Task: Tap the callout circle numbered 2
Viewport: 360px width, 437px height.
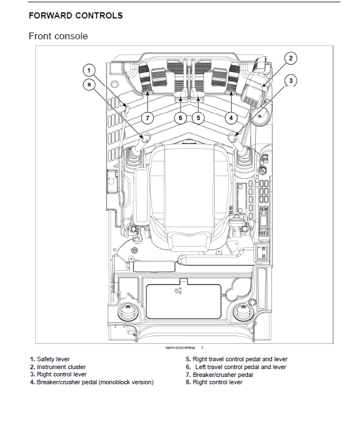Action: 290,58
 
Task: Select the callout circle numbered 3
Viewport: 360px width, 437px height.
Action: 290,81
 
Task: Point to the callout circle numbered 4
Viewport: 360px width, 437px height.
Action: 232,118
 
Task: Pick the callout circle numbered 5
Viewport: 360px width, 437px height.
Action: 198,118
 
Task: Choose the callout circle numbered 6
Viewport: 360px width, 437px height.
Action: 180,118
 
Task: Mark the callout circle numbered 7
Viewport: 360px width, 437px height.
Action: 147,118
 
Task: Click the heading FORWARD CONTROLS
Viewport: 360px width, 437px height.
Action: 76,16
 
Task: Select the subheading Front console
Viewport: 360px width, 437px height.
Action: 58,36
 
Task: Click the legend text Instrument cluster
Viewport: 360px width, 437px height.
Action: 61,367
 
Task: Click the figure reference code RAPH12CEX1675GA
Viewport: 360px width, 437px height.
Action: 181,348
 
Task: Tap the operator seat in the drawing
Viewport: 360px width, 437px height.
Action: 188,191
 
